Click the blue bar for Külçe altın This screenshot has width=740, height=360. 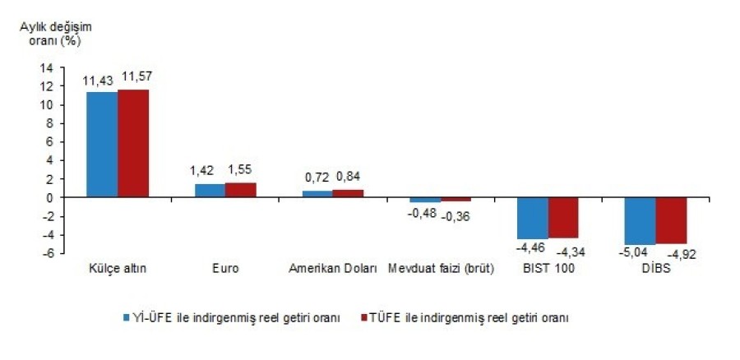pyautogui.click(x=102, y=145)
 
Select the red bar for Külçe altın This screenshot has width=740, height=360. pyautogui.click(x=133, y=144)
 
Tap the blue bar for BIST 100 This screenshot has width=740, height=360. pyautogui.click(x=533, y=218)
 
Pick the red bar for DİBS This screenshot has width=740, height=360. pyautogui.click(x=671, y=220)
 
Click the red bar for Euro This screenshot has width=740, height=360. pyautogui.click(x=240, y=190)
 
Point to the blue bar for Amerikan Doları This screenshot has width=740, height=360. pyautogui.click(x=317, y=194)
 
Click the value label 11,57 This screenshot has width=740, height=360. pyautogui.click(x=136, y=77)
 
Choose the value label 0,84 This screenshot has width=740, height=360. pyautogui.click(x=348, y=176)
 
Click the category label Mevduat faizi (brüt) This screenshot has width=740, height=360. pyautogui.click(x=442, y=270)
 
